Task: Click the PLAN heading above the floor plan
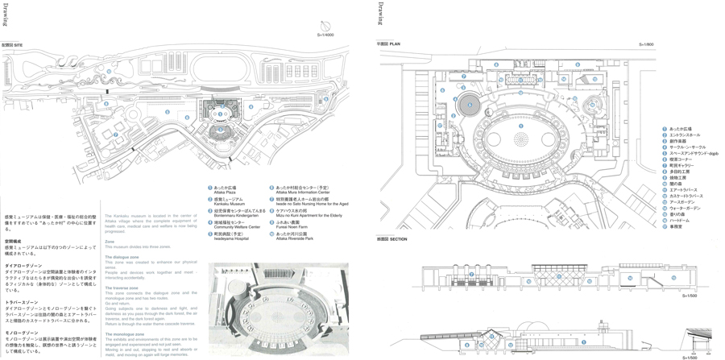[x=389, y=43]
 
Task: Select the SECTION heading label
[x=392, y=239]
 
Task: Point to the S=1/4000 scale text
[x=325, y=35]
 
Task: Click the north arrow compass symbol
[x=325, y=27]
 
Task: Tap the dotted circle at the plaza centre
[x=521, y=140]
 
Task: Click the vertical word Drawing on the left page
[x=6, y=14]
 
